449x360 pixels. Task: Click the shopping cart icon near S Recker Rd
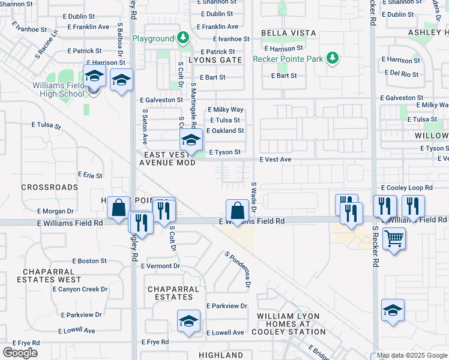pos(394,238)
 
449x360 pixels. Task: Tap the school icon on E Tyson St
pos(191,141)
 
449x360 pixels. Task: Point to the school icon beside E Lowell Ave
pos(188,320)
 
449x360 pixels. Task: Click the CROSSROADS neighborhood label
pos(49,187)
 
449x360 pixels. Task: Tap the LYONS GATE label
pos(211,61)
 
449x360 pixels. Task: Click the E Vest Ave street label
pos(275,160)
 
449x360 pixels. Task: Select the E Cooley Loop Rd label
pos(406,188)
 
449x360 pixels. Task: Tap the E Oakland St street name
pos(225,131)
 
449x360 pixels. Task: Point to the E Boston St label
pos(89,261)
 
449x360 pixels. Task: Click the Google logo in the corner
pos(20,353)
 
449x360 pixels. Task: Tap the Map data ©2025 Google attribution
pos(412,356)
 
